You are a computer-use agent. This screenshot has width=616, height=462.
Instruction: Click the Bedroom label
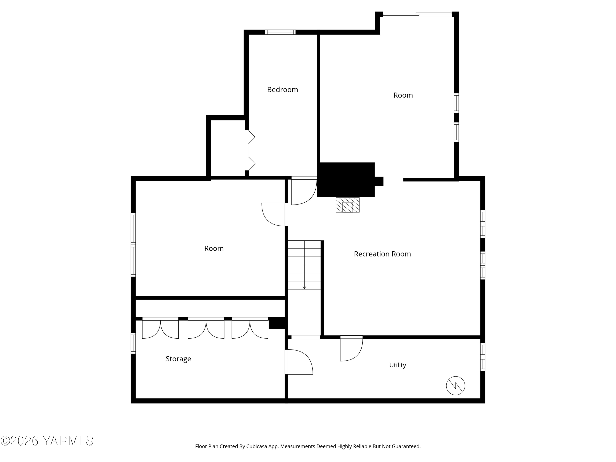[x=282, y=90]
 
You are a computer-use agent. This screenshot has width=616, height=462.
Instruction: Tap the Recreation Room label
[x=382, y=254]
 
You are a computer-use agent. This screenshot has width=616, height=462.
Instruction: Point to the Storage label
[x=178, y=359]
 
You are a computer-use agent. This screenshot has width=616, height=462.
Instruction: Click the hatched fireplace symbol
[x=348, y=205]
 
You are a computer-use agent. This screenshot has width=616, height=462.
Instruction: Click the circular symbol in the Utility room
[x=456, y=386]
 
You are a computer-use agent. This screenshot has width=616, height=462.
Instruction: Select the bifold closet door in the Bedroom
[x=250, y=150]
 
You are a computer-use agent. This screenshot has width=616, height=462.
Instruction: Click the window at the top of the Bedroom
[x=280, y=32]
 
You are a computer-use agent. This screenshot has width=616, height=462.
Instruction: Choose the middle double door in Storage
[x=206, y=328]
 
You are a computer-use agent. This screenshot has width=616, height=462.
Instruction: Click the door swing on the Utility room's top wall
[x=352, y=348]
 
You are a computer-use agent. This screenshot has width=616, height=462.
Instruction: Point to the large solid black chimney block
[x=346, y=180]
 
